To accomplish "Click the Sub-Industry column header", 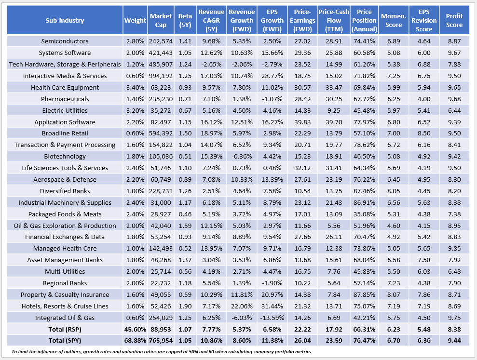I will [65, 20].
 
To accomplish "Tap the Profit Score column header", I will [454, 20].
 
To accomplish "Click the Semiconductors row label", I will [65, 41].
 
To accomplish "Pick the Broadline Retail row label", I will [65, 133].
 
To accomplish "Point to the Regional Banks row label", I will [65, 283].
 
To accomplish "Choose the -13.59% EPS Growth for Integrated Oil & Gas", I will [271, 318].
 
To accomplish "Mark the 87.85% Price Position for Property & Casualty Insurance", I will [364, 294].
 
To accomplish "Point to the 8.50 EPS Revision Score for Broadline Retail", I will [424, 133].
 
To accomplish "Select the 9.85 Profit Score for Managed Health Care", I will [454, 248].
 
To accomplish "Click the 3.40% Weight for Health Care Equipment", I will [135, 87].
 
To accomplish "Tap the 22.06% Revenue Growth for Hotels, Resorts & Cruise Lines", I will [242, 306].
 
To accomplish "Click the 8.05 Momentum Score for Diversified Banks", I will [394, 191].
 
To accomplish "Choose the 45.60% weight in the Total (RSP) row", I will [135, 329].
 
